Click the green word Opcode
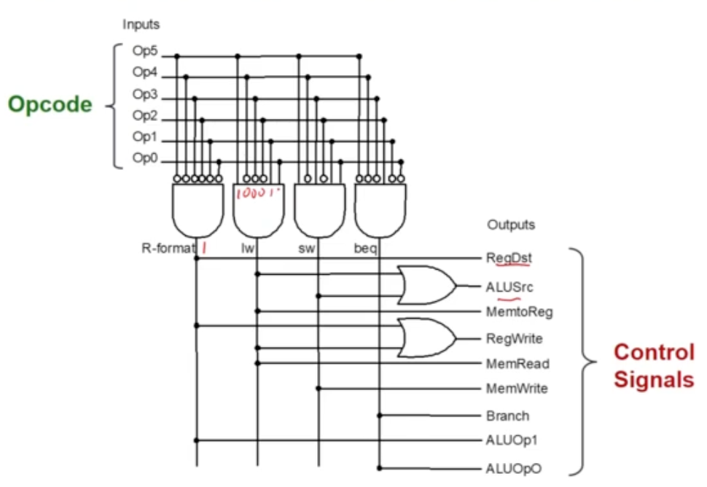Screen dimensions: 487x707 pos(50,105)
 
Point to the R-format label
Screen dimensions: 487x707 pos(168,248)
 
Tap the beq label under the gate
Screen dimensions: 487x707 pos(366,248)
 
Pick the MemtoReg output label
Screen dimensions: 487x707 pos(519,313)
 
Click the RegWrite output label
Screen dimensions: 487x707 pos(514,339)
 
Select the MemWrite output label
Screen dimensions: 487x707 pos(517,389)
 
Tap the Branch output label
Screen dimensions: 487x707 pos(507,416)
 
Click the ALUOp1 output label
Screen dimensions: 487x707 pos(511,441)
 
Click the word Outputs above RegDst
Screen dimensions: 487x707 pos(511,225)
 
